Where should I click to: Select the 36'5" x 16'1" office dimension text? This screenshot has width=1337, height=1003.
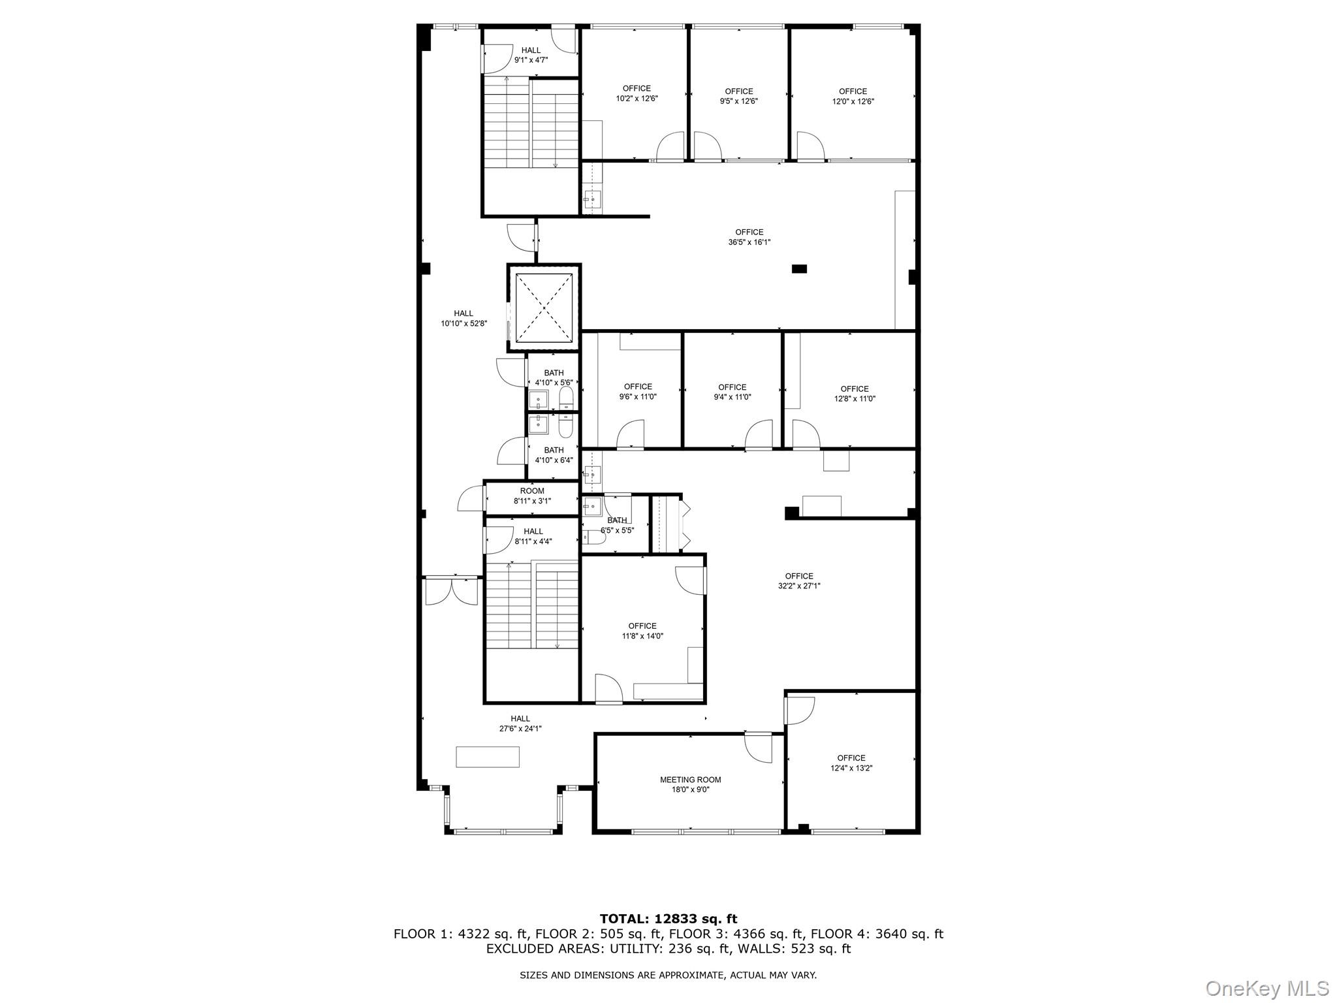(x=749, y=242)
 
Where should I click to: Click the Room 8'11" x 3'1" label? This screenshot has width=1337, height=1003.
(x=532, y=496)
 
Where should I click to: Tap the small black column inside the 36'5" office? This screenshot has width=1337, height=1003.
(x=799, y=268)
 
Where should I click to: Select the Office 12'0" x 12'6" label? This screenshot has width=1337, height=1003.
(x=853, y=96)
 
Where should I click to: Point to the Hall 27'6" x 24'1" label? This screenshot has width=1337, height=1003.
(x=520, y=724)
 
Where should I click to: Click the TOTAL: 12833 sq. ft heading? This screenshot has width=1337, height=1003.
(x=668, y=919)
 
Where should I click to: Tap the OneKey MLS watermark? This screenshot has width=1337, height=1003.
(x=1266, y=988)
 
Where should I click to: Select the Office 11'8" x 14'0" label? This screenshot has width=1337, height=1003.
(x=642, y=631)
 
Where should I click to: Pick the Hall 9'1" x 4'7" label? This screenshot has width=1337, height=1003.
(x=531, y=55)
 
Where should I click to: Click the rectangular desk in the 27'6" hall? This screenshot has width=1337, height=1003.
(x=488, y=756)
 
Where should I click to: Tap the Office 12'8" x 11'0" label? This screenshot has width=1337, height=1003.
(x=854, y=393)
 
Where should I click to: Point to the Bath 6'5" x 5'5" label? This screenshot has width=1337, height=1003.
(x=617, y=525)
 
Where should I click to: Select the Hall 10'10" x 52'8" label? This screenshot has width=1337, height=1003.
(x=464, y=318)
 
